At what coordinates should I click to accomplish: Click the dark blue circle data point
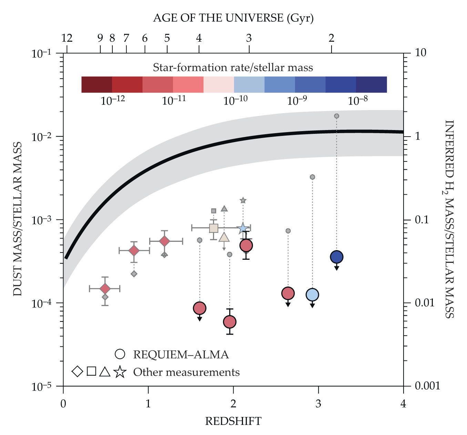coord(336,257)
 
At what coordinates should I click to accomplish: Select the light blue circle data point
coord(312,295)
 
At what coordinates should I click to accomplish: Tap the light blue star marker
coord(243,228)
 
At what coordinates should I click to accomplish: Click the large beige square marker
coord(214,228)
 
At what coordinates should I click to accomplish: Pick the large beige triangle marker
coord(224,237)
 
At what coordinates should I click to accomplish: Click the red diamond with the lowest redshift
coord(105,289)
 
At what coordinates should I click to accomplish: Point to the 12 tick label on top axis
coord(67,38)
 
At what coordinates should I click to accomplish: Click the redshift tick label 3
coord(318,403)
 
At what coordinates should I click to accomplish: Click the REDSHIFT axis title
coord(233,421)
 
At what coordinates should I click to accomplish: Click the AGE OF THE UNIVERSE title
coord(233,18)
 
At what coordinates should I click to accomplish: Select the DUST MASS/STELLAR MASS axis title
coord(18,219)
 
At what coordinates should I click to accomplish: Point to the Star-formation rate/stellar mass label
coord(233,67)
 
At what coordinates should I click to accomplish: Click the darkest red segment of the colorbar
coord(97,85)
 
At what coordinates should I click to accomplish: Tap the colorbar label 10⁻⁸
coord(358,100)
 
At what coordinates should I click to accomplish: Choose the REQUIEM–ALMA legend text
coord(181,355)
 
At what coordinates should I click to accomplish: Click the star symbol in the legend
coord(120,372)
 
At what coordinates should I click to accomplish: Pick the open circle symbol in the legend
coord(120,354)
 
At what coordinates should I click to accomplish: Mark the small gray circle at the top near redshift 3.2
coord(336,116)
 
